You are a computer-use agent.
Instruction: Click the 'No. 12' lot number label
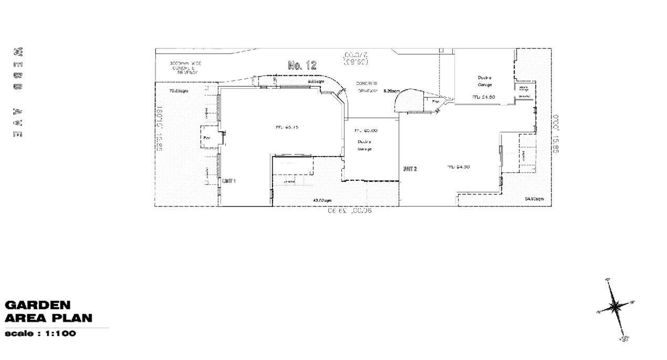click(x=303, y=65)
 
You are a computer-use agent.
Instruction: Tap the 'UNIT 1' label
click(x=229, y=180)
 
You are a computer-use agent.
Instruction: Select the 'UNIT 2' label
click(x=410, y=169)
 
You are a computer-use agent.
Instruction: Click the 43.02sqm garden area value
click(x=322, y=200)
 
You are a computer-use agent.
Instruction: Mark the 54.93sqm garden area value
click(x=534, y=199)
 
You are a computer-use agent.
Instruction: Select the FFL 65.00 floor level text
click(x=366, y=130)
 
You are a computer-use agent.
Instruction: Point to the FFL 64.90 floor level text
click(x=458, y=167)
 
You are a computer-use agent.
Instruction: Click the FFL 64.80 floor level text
click(x=484, y=97)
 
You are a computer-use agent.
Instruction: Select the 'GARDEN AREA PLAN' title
click(x=48, y=312)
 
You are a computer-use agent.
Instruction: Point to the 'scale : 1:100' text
click(x=40, y=334)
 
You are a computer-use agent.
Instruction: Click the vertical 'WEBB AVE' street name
click(x=17, y=93)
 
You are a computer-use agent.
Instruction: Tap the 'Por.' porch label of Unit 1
click(x=206, y=139)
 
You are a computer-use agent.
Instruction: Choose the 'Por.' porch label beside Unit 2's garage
click(x=435, y=102)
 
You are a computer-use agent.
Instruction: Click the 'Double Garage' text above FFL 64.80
click(x=484, y=80)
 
